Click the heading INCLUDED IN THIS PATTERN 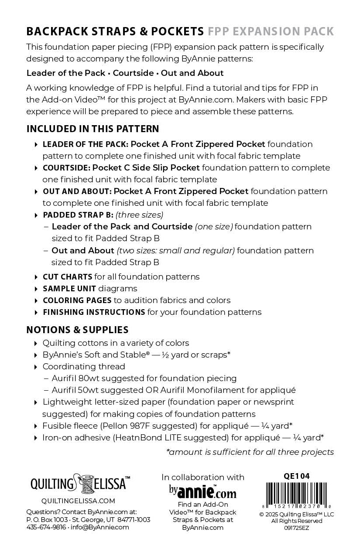[x=93, y=129]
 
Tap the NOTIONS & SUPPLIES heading [x=77, y=330]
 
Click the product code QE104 [x=296, y=476]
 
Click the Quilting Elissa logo [x=80, y=483]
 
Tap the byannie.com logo [x=203, y=491]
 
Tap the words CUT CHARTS [x=67, y=277]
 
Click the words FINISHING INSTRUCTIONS [x=94, y=312]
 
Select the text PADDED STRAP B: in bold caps [x=78, y=215]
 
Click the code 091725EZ [x=296, y=527]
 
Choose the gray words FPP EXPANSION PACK [x=271, y=31]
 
